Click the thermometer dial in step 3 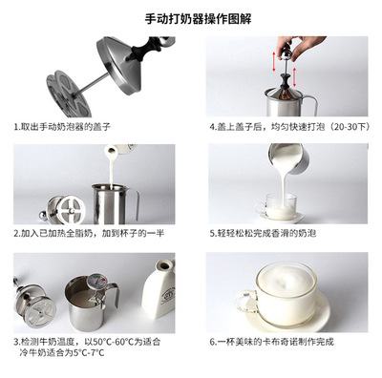tap(95, 281)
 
